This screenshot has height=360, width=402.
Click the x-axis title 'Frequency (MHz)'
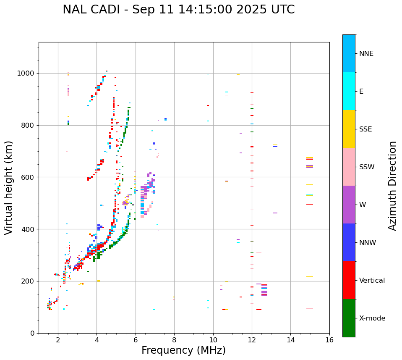click(x=183, y=350)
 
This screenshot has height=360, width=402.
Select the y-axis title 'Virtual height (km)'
click(x=9, y=187)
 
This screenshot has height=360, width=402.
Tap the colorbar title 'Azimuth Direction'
click(x=392, y=186)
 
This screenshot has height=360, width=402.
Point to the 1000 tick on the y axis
click(x=27, y=73)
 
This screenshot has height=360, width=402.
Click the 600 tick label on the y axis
click(x=29, y=177)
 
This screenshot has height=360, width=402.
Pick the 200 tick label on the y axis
click(x=29, y=281)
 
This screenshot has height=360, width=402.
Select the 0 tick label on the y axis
click(x=33, y=333)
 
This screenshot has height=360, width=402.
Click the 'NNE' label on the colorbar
click(x=366, y=54)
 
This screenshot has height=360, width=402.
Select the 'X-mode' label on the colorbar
click(x=372, y=318)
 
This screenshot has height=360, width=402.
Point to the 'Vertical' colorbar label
click(x=372, y=281)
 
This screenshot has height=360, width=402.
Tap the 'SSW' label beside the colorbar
click(x=367, y=167)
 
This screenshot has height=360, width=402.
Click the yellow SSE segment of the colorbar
click(x=349, y=129)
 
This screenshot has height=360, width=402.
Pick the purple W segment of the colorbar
click(x=349, y=205)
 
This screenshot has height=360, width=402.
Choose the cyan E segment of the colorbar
click(x=349, y=91)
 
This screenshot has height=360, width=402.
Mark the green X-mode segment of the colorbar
click(x=349, y=318)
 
